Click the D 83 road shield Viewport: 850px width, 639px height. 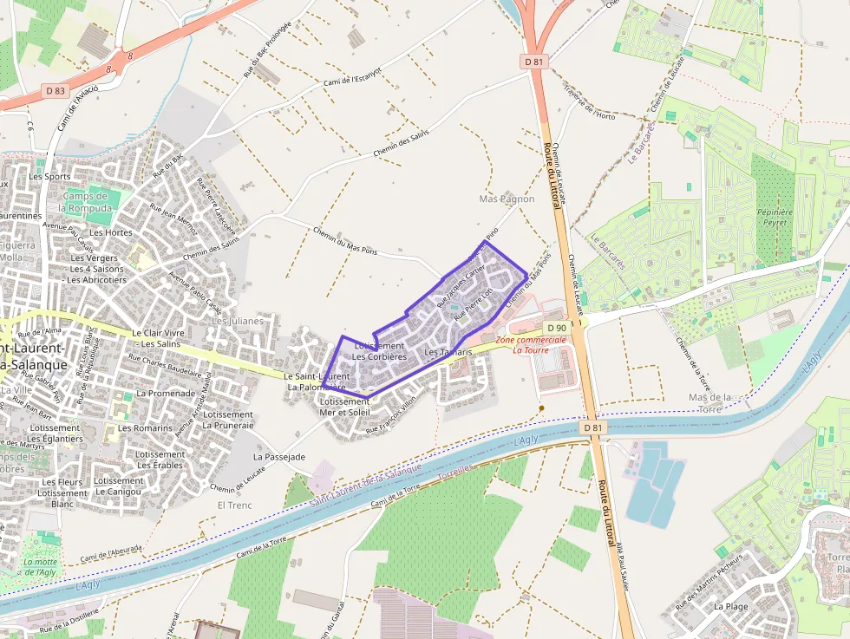tap(55, 90)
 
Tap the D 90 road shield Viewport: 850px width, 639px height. tap(557, 327)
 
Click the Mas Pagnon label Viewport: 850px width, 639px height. tap(507, 199)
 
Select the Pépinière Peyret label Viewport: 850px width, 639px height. tap(771, 217)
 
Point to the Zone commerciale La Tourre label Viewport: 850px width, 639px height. tap(530, 345)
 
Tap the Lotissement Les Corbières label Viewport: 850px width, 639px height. tap(379, 351)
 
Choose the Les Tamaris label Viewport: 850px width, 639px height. tap(448, 352)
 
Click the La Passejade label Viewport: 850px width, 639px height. tap(278, 456)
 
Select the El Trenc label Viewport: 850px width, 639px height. tap(233, 504)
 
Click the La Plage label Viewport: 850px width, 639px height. tap(730, 607)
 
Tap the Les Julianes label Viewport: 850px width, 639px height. tap(237, 320)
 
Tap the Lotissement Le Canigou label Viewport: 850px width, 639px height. tap(118, 486)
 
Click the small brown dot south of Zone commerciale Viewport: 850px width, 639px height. tap(541, 408)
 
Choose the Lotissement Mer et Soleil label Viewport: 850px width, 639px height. tap(344, 407)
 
